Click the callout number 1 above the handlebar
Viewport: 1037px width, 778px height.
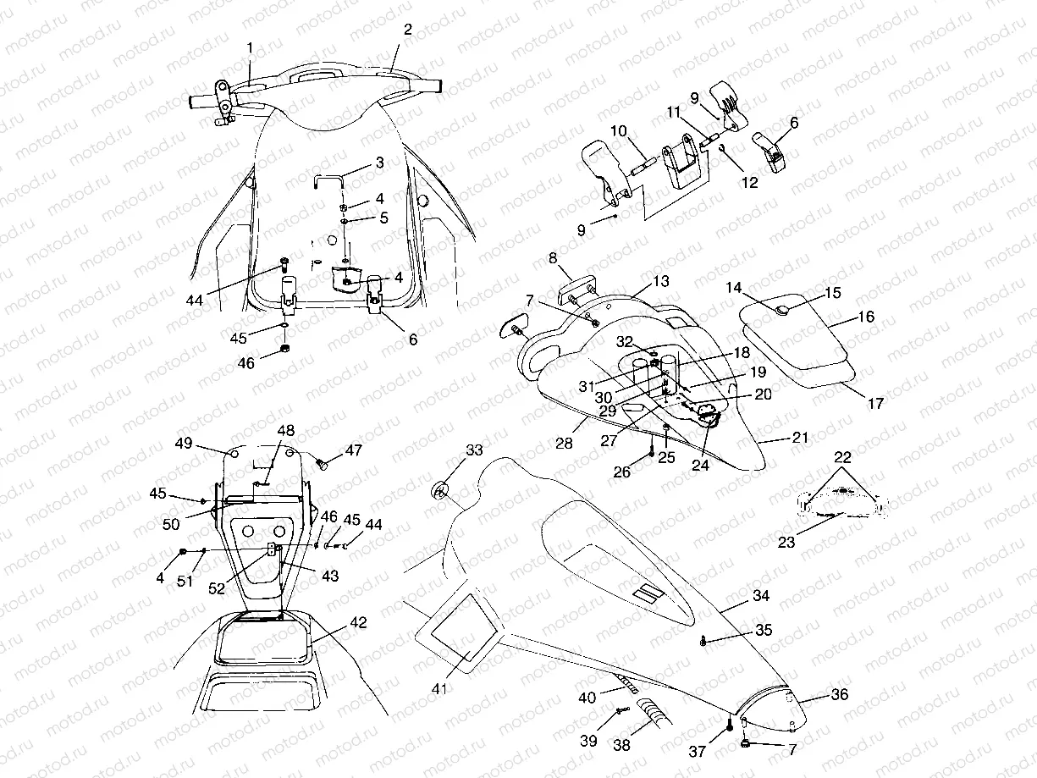point(251,47)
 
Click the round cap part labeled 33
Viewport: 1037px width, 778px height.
point(439,490)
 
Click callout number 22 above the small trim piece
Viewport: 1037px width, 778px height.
point(841,458)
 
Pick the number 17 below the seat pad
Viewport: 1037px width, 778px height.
point(875,404)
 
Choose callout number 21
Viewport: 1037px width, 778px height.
point(800,438)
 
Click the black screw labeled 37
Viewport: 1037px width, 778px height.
point(729,725)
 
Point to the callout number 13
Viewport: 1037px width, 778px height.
point(660,280)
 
